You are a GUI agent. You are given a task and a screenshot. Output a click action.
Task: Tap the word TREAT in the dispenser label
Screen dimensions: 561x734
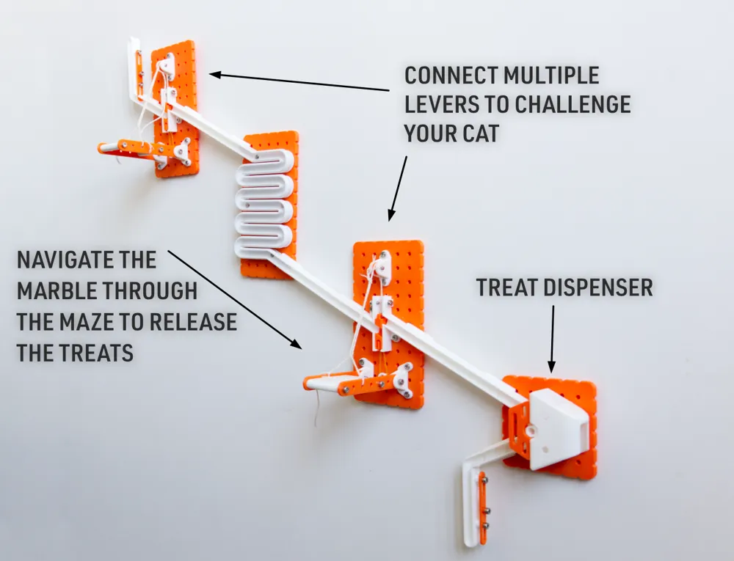[x=508, y=287]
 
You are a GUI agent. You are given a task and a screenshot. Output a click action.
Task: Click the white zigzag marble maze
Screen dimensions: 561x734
[x=264, y=202]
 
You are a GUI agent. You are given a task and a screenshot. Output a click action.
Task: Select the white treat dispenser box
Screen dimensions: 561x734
[x=558, y=429]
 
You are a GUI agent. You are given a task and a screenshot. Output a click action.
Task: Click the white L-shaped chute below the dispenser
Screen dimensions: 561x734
[x=473, y=499]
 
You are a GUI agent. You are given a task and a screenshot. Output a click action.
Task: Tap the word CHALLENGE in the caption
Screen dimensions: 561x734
[x=573, y=104]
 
